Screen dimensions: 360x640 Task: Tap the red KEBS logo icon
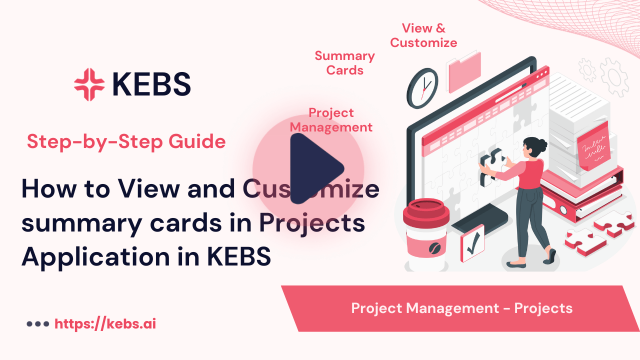click(x=89, y=84)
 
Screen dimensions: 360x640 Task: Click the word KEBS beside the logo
click(x=151, y=84)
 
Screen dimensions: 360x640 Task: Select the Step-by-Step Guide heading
click(x=126, y=142)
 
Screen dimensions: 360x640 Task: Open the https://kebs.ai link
click(x=105, y=323)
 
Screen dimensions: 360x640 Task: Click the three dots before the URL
click(x=37, y=324)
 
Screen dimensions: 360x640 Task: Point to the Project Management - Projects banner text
click(x=461, y=308)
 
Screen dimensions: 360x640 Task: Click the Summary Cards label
click(x=344, y=63)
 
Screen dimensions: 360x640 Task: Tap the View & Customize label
click(x=423, y=35)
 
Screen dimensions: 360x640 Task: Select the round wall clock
click(x=422, y=88)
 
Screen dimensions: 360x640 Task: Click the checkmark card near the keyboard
click(x=472, y=243)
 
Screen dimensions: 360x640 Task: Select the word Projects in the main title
click(x=311, y=223)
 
